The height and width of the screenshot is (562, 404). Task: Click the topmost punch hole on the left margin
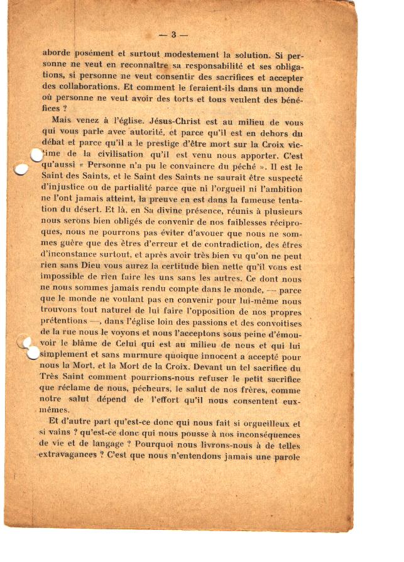click(x=36, y=155)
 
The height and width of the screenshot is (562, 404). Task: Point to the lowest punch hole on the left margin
click(x=32, y=354)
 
